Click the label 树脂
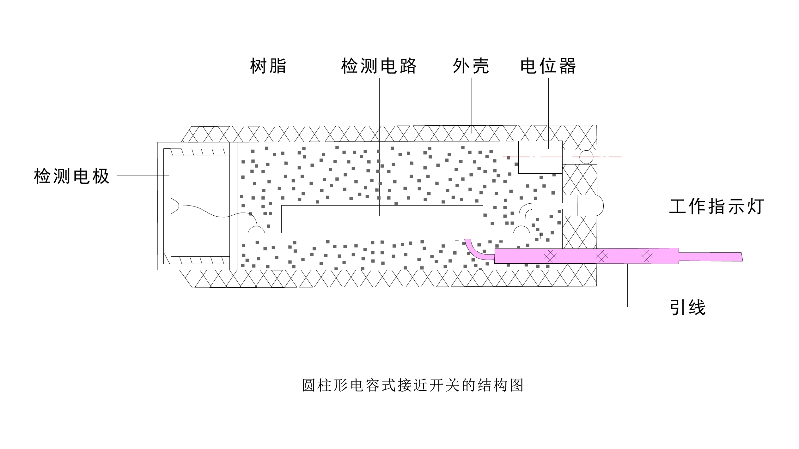tap(268, 66)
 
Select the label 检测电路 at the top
tap(379, 66)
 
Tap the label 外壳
tap(471, 66)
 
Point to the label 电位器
tap(548, 66)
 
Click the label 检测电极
tap(72, 176)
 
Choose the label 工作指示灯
tap(717, 207)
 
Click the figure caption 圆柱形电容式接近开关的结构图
tap(412, 385)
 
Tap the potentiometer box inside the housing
tap(540, 157)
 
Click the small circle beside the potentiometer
tap(586, 157)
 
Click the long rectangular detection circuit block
tap(382, 219)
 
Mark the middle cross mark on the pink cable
tap(601, 256)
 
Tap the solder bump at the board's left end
tap(256, 230)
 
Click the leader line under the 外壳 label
tap(472, 104)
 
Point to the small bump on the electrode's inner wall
tap(175, 206)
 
